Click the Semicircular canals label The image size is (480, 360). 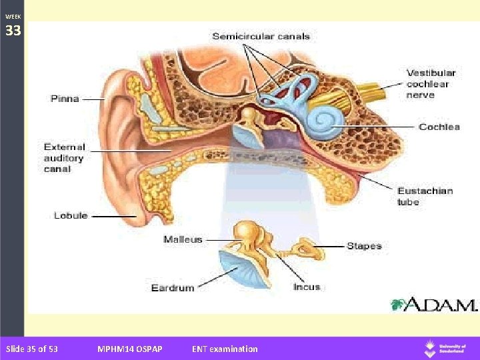(261, 36)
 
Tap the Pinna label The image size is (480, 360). (65, 99)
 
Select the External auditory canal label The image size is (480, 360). (64, 158)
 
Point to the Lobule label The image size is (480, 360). (70, 215)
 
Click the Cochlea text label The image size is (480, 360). (439, 127)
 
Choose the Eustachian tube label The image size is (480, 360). (425, 196)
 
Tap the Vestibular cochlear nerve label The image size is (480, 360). (431, 84)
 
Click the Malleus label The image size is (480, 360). (183, 239)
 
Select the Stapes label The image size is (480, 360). (364, 246)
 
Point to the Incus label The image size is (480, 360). (307, 287)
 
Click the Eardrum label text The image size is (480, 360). (173, 288)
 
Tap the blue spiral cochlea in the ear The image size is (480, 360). (327, 121)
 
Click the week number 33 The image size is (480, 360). (13, 31)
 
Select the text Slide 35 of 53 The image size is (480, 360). (31, 349)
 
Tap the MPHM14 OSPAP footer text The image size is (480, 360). (129, 349)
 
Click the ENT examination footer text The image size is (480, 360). (225, 349)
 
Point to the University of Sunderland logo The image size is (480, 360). (446, 349)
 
